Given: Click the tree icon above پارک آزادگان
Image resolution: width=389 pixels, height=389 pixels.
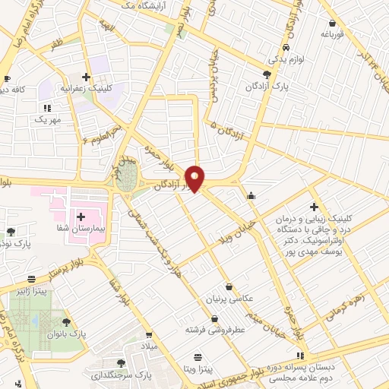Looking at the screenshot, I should tap(266, 74).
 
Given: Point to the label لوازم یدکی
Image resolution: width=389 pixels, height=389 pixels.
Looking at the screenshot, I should tap(276, 58).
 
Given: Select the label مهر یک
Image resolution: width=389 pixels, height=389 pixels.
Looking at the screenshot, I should tap(46, 119).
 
